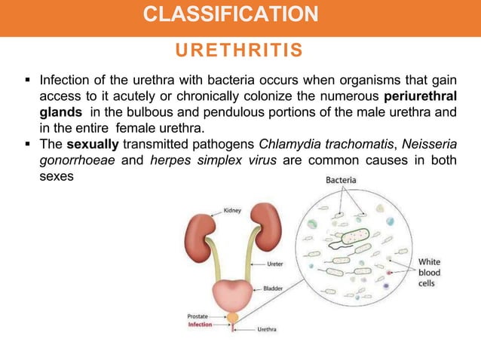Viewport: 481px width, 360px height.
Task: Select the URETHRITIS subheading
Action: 240,50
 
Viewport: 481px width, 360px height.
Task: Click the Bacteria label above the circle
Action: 342,182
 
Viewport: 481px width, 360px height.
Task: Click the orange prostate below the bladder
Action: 234,318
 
